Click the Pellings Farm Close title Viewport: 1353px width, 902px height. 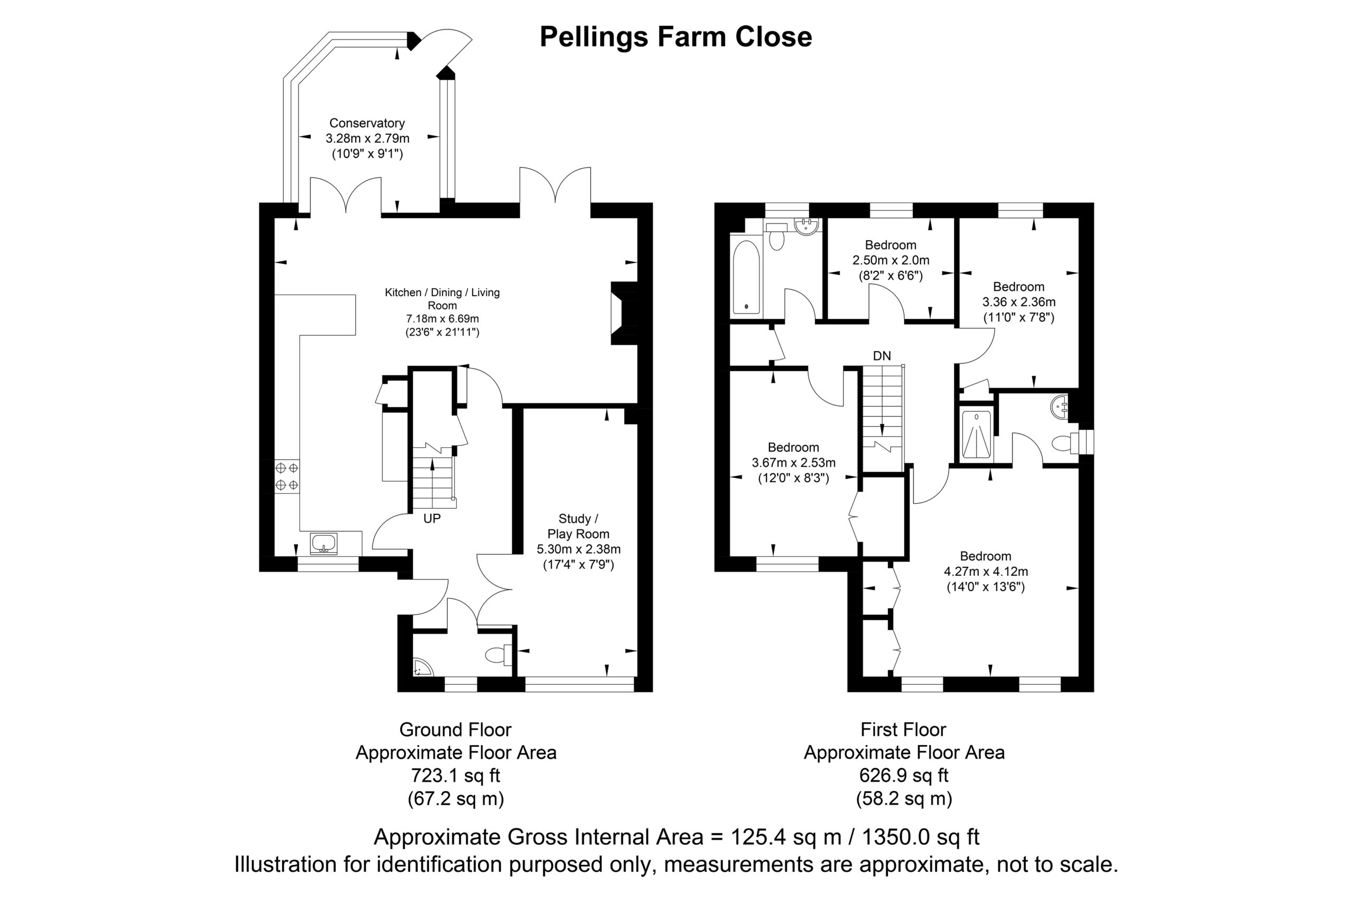tap(675, 37)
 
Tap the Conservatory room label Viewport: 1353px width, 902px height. tap(367, 123)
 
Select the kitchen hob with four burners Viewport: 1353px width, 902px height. tap(287, 476)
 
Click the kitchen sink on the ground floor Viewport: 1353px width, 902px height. tap(324, 544)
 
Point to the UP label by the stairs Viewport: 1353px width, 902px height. tap(432, 518)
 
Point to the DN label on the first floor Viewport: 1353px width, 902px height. tap(882, 355)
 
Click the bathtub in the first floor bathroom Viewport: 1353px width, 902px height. tap(746, 277)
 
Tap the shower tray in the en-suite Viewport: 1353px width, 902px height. tap(976, 434)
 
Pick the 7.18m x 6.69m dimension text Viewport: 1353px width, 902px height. tap(442, 318)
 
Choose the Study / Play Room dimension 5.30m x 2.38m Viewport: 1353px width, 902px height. tap(579, 549)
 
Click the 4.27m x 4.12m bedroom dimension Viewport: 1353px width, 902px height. tap(986, 571)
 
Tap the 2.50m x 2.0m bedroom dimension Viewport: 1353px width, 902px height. tap(891, 260)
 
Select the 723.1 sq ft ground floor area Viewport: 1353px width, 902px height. tap(456, 775)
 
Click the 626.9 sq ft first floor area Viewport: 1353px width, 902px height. tap(903, 775)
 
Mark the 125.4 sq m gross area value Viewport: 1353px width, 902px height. tap(785, 836)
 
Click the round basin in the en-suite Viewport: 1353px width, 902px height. tap(1059, 407)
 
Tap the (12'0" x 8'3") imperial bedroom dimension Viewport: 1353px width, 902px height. tap(793, 478)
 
